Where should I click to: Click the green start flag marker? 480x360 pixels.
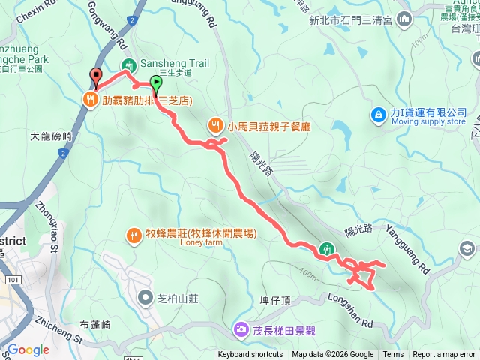(156, 83)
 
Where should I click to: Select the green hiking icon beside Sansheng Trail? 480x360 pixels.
(128, 64)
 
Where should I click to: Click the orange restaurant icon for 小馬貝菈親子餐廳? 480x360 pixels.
(215, 124)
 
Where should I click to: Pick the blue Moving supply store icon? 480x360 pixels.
(379, 114)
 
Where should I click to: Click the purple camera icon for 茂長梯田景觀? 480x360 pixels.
(241, 328)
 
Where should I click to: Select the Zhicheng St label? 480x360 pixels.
(58, 328)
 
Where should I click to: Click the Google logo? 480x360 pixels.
(28, 349)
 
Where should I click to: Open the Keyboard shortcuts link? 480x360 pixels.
(250, 355)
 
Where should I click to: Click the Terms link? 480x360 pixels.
(393, 355)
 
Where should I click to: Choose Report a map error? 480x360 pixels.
(444, 355)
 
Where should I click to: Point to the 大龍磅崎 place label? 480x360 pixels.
(51, 137)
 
